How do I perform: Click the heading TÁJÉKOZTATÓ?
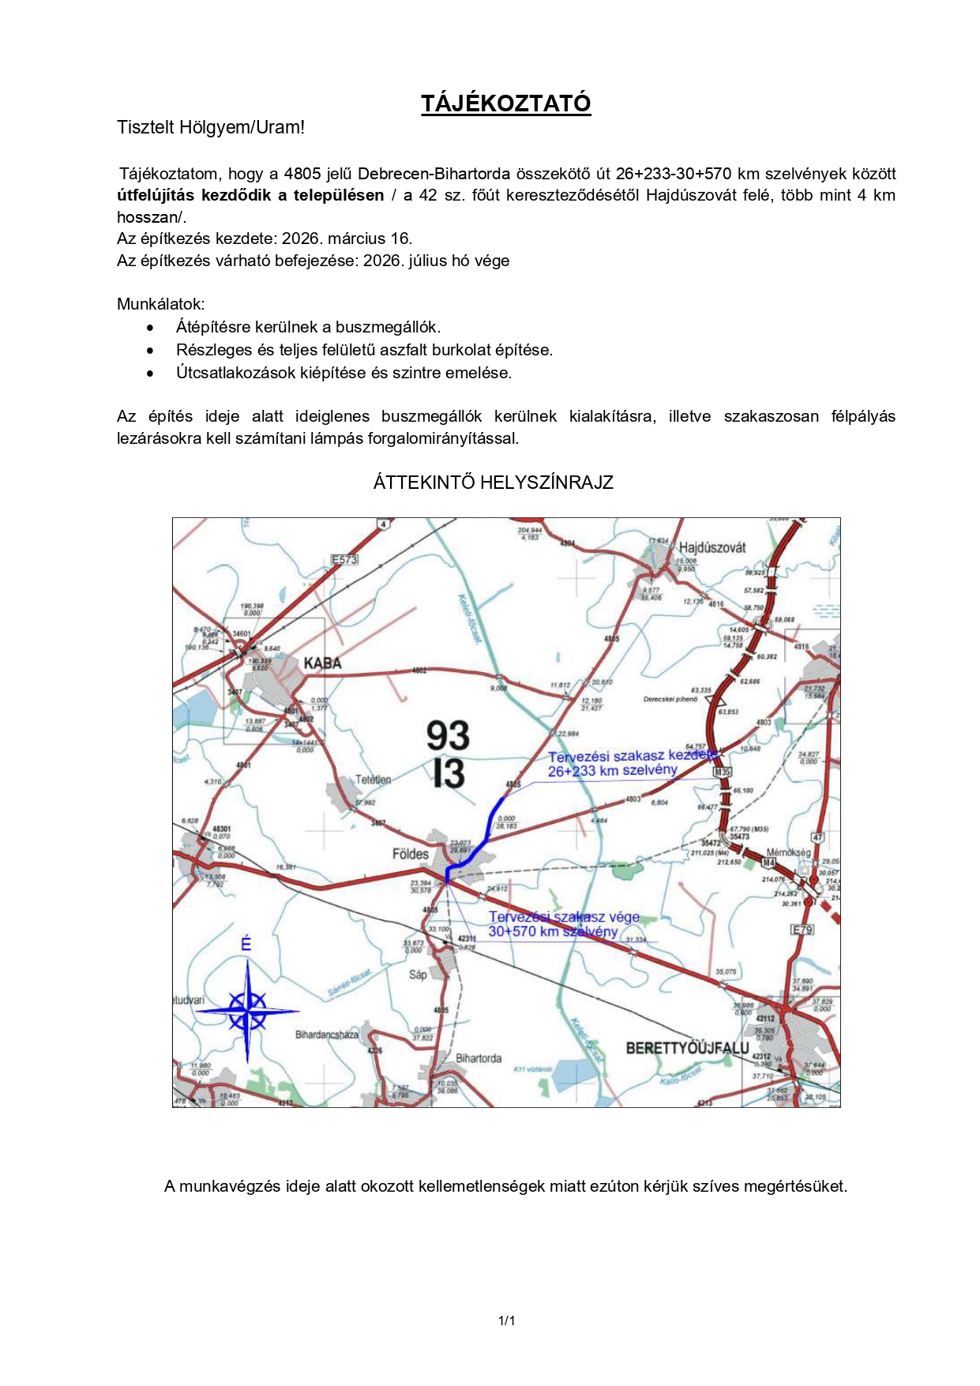pyautogui.click(x=505, y=103)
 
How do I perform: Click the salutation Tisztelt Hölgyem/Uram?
pyautogui.click(x=211, y=127)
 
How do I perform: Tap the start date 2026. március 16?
pyautogui.click(x=347, y=239)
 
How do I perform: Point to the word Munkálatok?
pyautogui.click(x=160, y=304)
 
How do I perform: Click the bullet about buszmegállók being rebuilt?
pyautogui.click(x=308, y=327)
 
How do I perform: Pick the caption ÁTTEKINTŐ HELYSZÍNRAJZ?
pyautogui.click(x=493, y=483)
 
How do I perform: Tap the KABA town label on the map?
pyautogui.click(x=322, y=663)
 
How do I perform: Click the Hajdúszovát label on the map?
pyautogui.click(x=712, y=547)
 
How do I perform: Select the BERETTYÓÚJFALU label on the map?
pyautogui.click(x=686, y=1048)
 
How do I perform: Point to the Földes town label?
pyautogui.click(x=410, y=854)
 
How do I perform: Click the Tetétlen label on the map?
pyautogui.click(x=373, y=779)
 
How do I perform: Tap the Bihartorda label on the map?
pyautogui.click(x=478, y=1058)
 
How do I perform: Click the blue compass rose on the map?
pyautogui.click(x=247, y=1011)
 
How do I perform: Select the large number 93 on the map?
pyautogui.click(x=448, y=735)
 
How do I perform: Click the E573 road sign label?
pyautogui.click(x=344, y=560)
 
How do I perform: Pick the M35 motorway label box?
pyautogui.click(x=722, y=772)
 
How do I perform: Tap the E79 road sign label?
pyautogui.click(x=802, y=930)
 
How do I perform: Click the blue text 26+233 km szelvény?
pyautogui.click(x=612, y=771)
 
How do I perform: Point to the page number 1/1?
pyautogui.click(x=506, y=1320)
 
